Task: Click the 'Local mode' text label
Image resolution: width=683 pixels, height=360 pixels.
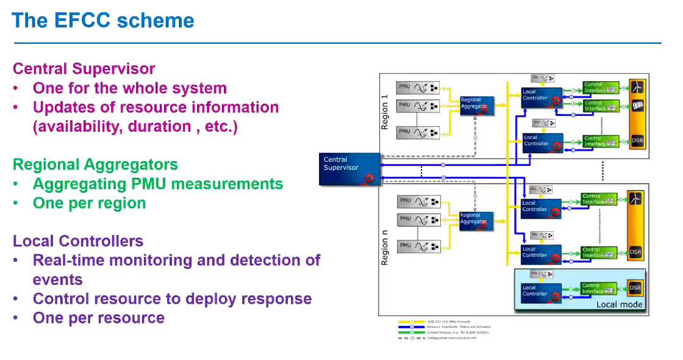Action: click(619, 304)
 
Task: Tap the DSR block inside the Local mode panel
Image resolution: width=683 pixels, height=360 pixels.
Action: click(635, 288)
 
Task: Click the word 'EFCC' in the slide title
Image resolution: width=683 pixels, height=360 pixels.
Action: click(81, 21)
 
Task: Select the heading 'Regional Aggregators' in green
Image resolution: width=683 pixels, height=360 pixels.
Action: click(95, 165)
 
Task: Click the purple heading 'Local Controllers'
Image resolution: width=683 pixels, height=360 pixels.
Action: click(78, 241)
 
